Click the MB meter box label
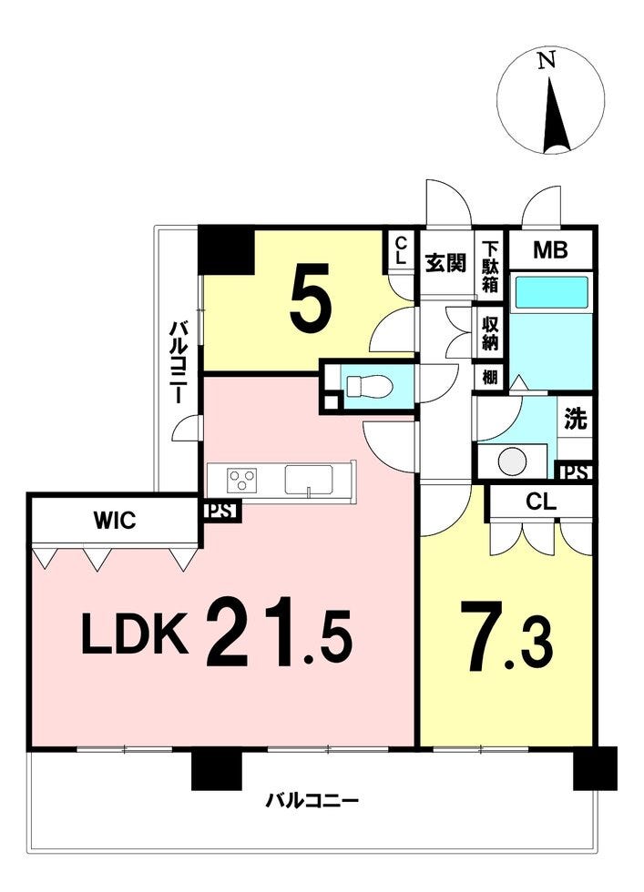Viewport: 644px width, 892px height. pyautogui.click(x=550, y=249)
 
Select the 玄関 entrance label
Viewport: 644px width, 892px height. pyautogui.click(x=446, y=263)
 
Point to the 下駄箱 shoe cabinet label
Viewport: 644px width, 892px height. pyautogui.click(x=490, y=266)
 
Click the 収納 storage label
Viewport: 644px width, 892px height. pyautogui.click(x=490, y=333)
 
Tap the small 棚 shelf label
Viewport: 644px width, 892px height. pyautogui.click(x=490, y=378)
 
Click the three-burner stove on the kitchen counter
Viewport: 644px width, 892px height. pyautogui.click(x=241, y=479)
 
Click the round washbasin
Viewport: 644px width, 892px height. pyautogui.click(x=513, y=461)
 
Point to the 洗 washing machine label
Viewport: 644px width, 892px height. pyautogui.click(x=575, y=420)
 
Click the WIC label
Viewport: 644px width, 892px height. pyautogui.click(x=115, y=520)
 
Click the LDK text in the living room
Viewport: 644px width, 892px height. pyautogui.click(x=135, y=633)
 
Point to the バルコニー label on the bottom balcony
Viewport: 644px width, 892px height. pyautogui.click(x=312, y=802)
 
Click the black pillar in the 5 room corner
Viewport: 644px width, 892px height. pyautogui.click(x=227, y=249)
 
